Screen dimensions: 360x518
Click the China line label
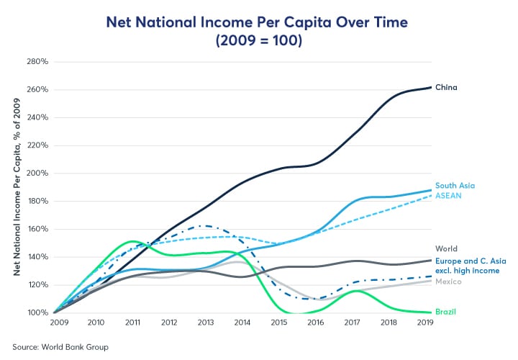tap(446, 88)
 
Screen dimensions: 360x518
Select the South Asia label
tap(455, 186)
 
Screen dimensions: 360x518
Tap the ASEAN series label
tap(448, 195)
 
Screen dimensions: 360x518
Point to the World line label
tap(447, 249)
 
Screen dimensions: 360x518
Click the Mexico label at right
tap(448, 282)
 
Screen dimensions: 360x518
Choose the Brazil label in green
tap(446, 312)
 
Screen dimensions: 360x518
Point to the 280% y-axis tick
tap(37, 62)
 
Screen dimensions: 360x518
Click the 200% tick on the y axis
tap(37, 174)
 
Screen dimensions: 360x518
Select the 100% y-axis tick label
tap(37, 313)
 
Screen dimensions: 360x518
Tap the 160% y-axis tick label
tap(37, 230)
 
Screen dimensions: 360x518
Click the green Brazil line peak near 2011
tap(131, 241)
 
